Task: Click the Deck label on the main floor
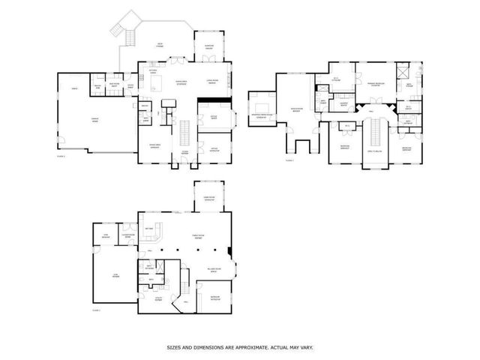160,44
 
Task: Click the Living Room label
211,82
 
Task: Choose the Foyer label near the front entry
184,151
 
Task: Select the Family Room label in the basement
199,236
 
